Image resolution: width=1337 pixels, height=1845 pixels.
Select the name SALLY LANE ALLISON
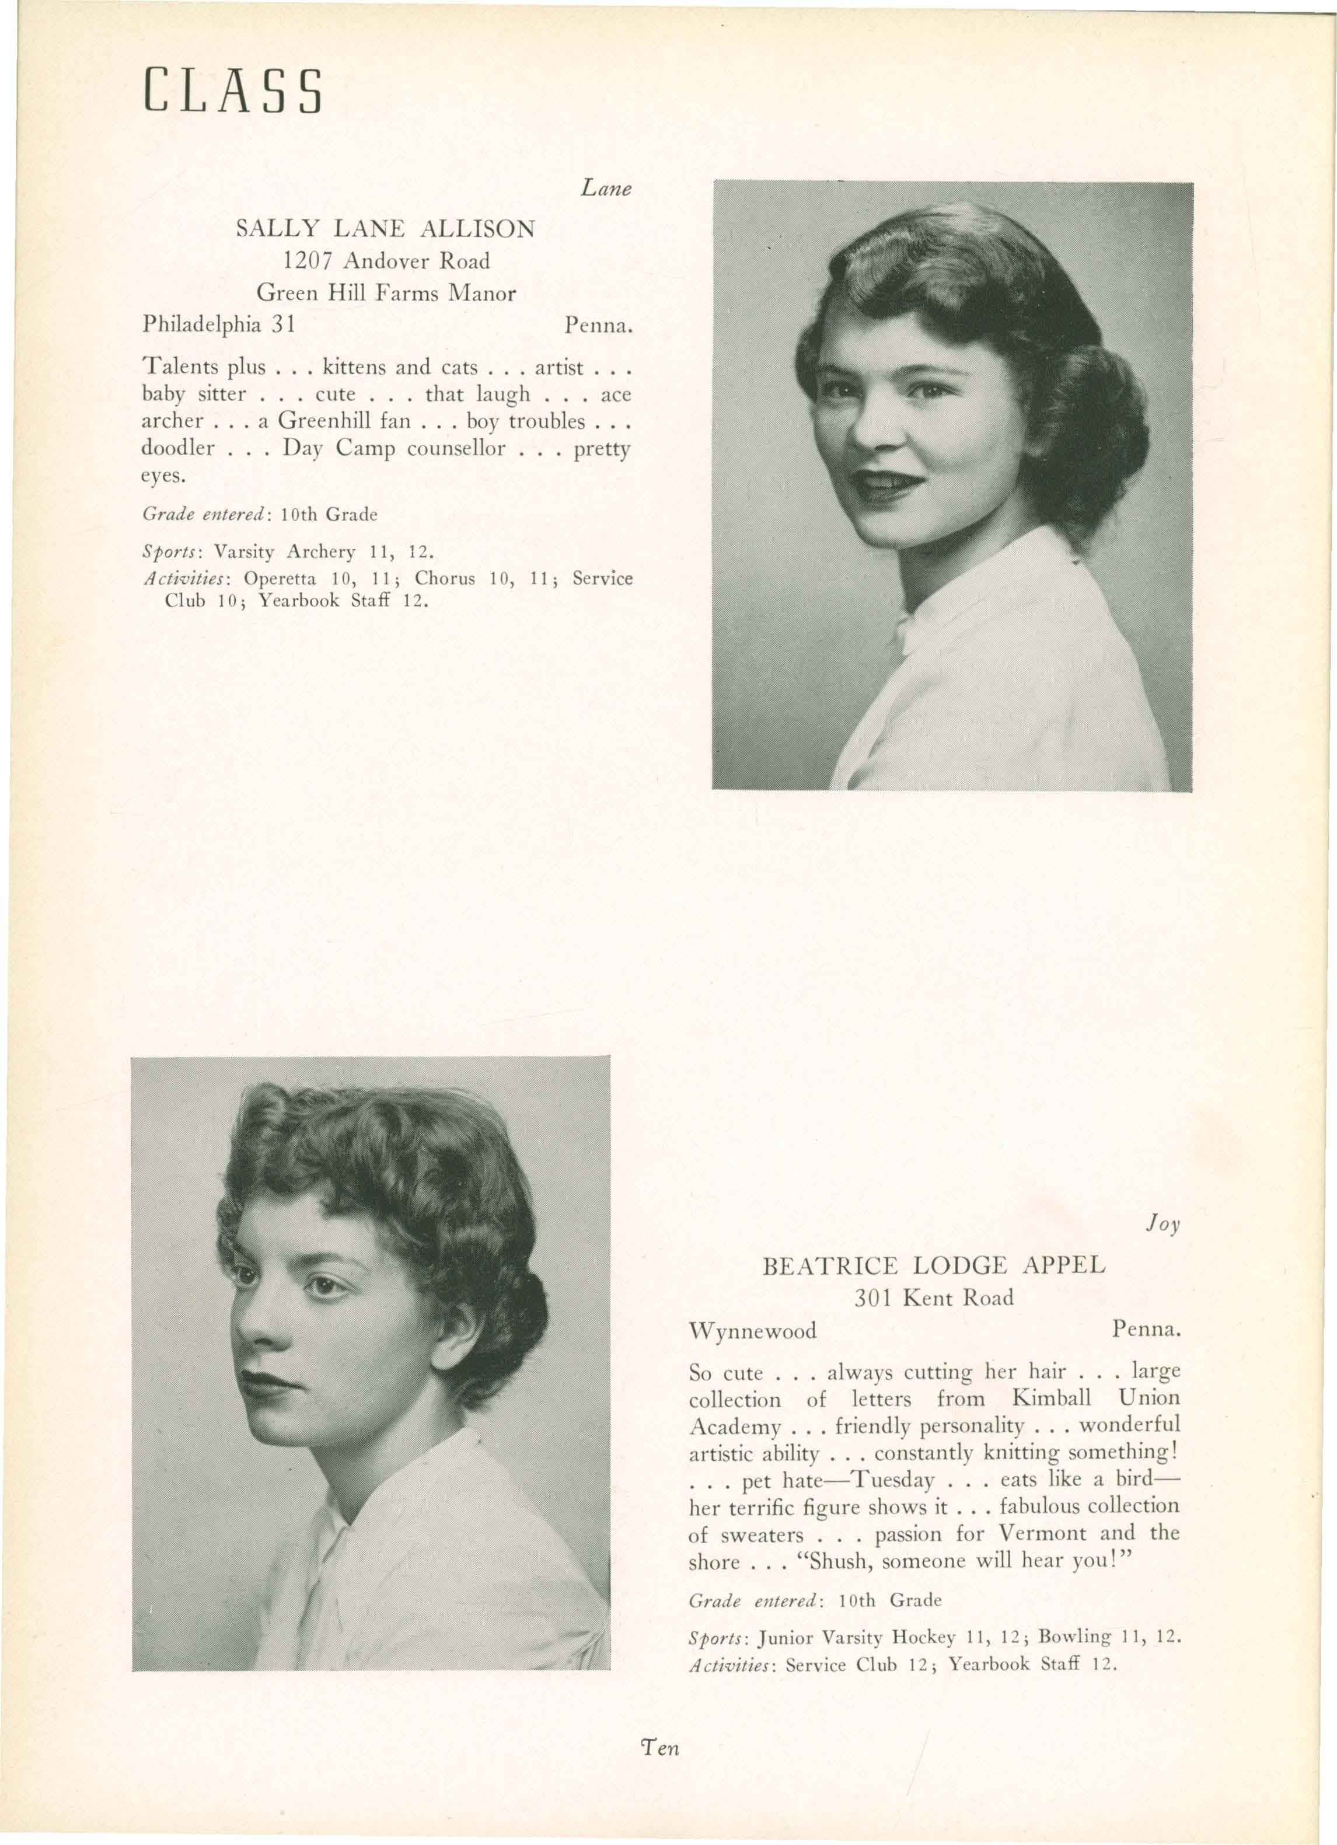pyautogui.click(x=386, y=229)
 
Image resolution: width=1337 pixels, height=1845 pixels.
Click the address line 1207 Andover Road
pyautogui.click(x=386, y=261)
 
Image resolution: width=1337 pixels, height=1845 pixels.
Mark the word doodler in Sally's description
pyautogui.click(x=178, y=448)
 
